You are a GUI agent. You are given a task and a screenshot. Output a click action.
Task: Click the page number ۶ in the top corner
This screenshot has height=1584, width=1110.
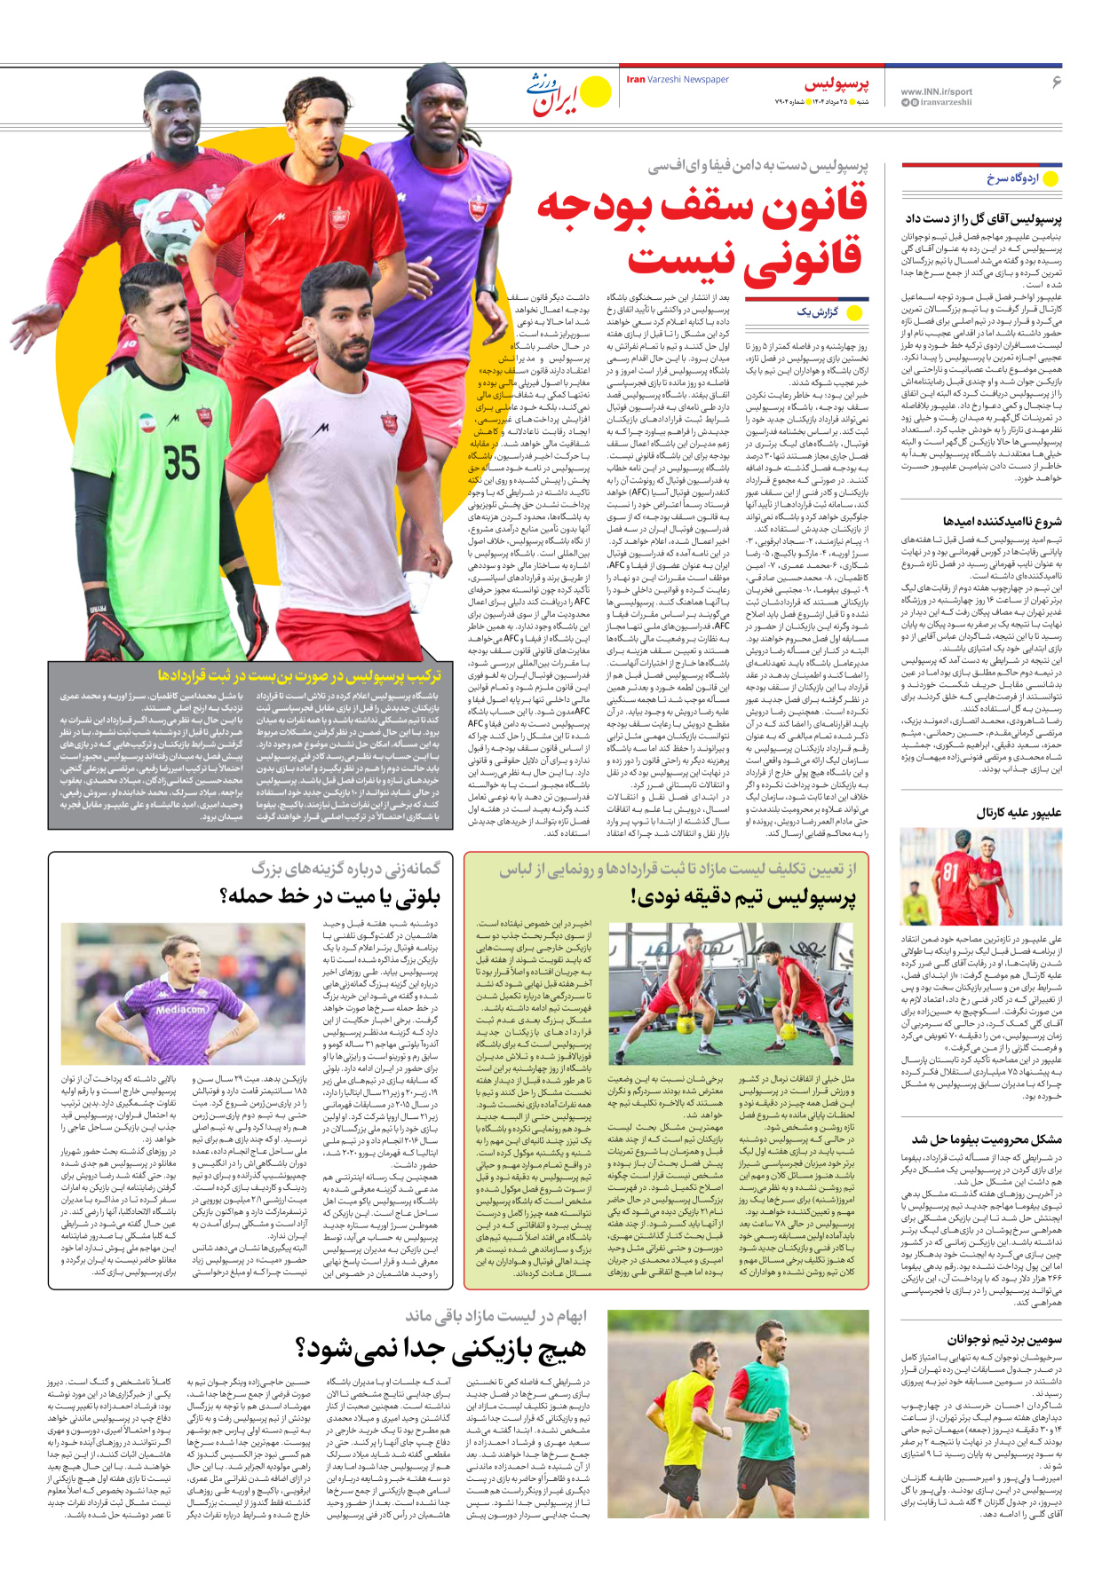click(1056, 82)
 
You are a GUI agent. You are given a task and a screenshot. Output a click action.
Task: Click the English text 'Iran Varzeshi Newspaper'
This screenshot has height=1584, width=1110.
click(678, 80)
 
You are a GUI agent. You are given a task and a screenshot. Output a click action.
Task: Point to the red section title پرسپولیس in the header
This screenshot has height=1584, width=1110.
click(836, 84)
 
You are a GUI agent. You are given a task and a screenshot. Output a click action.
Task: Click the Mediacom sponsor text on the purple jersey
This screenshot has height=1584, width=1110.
click(182, 1009)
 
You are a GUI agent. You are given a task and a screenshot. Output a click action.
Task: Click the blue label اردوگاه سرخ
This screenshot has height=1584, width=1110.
click(1012, 178)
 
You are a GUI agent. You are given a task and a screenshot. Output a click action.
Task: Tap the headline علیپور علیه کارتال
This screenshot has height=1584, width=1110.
click(1019, 812)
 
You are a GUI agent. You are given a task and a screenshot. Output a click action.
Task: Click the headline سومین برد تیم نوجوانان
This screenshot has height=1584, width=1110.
click(1003, 1339)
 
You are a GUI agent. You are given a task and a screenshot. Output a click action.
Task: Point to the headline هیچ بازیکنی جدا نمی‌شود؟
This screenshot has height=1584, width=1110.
click(441, 1351)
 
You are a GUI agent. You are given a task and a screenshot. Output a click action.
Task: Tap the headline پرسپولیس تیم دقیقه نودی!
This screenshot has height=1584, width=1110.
click(743, 897)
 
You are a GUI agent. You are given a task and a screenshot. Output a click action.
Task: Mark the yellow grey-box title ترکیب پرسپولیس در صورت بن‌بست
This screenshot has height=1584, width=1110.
click(299, 675)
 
